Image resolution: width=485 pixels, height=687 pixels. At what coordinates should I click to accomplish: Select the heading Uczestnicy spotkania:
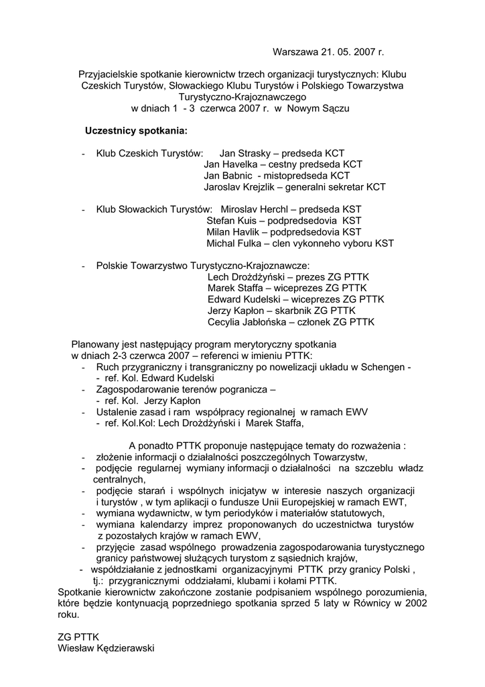pos(136,129)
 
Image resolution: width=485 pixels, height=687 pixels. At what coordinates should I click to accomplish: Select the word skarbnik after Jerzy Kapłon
pos(295,311)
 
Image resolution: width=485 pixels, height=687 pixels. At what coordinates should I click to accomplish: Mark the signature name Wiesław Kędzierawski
pos(107,648)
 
